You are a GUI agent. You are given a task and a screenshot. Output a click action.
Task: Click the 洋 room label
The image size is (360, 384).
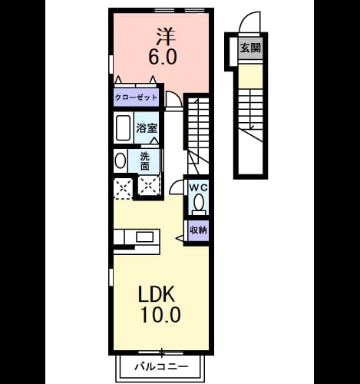pyautogui.click(x=167, y=36)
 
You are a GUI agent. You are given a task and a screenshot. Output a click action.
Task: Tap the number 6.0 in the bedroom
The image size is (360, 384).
pyautogui.click(x=163, y=57)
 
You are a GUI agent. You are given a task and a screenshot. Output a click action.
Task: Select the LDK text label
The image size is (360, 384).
pyautogui.click(x=157, y=294)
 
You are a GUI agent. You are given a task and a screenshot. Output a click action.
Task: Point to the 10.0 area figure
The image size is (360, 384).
pyautogui.click(x=160, y=315)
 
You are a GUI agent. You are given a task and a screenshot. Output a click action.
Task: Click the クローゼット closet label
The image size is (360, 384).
pyautogui.click(x=136, y=98)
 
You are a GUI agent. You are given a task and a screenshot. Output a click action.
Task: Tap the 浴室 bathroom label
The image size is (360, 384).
pyautogui.click(x=147, y=128)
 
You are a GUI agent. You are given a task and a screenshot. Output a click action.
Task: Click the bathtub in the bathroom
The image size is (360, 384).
pyautogui.click(x=123, y=128)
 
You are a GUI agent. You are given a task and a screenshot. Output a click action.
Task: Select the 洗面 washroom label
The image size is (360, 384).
pyautogui.click(x=145, y=161)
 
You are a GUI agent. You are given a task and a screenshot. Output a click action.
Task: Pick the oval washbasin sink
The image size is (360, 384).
pyautogui.click(x=121, y=161)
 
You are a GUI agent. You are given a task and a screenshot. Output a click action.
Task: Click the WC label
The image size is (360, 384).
pyautogui.click(x=198, y=187)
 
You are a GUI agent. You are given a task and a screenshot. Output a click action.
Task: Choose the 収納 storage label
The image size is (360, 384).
pyautogui.click(x=198, y=230)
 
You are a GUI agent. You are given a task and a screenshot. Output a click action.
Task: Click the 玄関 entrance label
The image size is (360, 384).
pyautogui.click(x=250, y=48)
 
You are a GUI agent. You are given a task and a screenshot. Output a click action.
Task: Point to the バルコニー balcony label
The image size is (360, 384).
pyautogui.click(x=161, y=366)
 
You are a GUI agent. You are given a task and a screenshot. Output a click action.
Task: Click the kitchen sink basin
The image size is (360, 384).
pyautogui.click(x=144, y=237)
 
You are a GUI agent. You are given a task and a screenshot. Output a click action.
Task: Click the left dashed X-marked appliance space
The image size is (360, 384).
pyautogui.click(x=123, y=188)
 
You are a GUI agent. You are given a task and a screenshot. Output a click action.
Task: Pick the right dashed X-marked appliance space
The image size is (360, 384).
pyautogui.click(x=149, y=185)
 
